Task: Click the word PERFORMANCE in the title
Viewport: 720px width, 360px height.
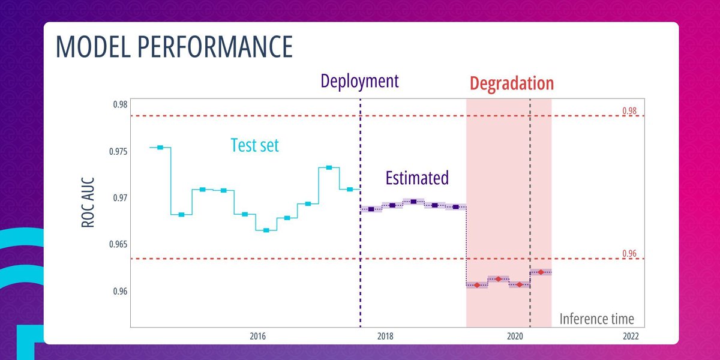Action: (x=222, y=47)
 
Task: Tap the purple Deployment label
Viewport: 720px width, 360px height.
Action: (x=359, y=81)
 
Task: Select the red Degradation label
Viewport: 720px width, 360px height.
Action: (x=511, y=83)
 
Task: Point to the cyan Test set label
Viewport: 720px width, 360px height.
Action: (x=255, y=145)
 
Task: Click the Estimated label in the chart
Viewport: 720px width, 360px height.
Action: (x=416, y=178)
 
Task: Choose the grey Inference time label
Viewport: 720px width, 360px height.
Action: (x=596, y=319)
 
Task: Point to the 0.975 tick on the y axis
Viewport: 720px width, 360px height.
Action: (x=118, y=151)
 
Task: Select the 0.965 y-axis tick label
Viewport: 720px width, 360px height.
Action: (x=118, y=245)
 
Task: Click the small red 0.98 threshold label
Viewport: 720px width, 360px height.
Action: (x=629, y=111)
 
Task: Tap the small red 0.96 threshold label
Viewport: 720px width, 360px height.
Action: (x=629, y=254)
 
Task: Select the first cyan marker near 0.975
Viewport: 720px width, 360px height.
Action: (x=160, y=147)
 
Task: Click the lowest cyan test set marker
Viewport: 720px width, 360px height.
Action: (x=266, y=230)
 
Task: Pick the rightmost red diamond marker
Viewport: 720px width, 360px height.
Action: (x=541, y=272)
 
